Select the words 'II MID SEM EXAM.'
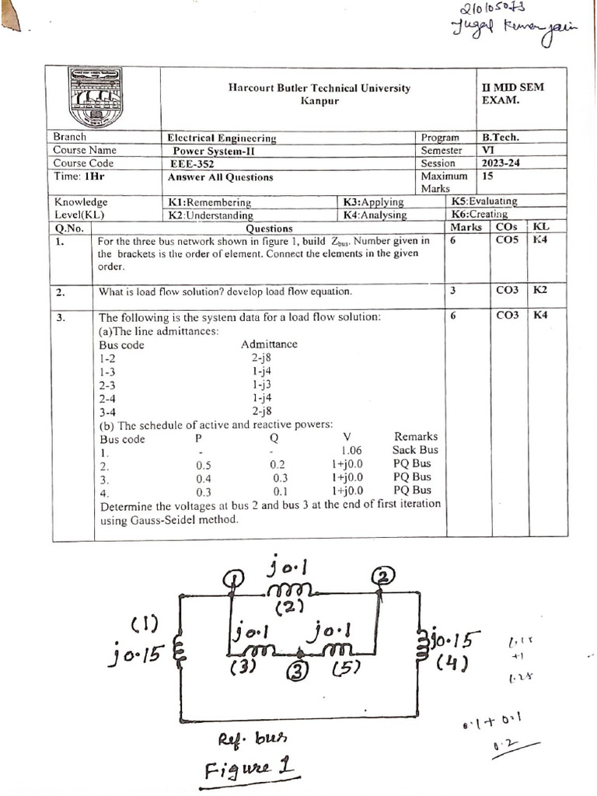click(512, 94)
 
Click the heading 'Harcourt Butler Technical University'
click(319, 88)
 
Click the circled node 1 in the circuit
click(234, 578)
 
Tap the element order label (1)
click(145, 624)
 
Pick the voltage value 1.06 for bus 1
click(351, 450)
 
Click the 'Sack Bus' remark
click(416, 450)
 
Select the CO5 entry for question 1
click(507, 241)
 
